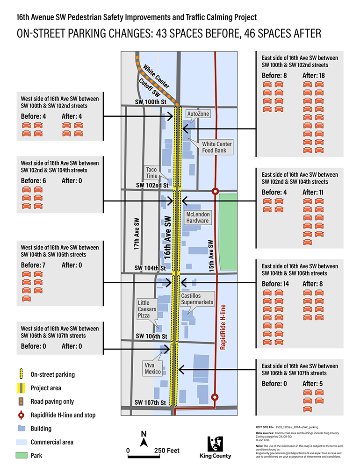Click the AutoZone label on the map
tap(198, 114)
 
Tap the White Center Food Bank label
tap(216, 147)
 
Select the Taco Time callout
tap(151, 172)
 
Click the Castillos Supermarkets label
tap(197, 299)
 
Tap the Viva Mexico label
tap(152, 368)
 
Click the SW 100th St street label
tap(147, 102)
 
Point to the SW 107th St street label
tap(150, 402)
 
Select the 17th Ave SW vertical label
tap(137, 233)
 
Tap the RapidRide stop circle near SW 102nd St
tap(215, 191)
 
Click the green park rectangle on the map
tap(228, 231)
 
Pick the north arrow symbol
tap(144, 438)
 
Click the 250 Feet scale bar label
tap(166, 451)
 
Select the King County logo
tap(215, 447)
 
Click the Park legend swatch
tap(22, 455)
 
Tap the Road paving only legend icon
tap(22, 401)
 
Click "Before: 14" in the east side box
tap(276, 284)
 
